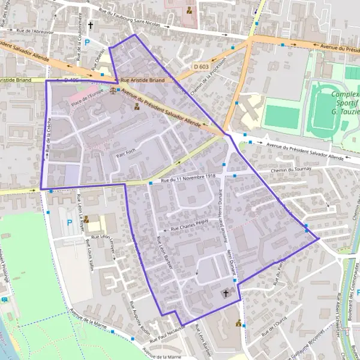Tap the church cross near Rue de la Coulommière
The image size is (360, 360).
coord(91,26)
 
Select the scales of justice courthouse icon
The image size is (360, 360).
coord(114,91)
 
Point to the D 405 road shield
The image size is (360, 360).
coord(71,79)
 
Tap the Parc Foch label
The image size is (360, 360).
coord(127,153)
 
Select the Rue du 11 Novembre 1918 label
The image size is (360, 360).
coord(188,176)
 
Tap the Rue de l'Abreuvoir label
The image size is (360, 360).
coord(35,32)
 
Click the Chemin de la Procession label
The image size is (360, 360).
coord(206,80)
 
